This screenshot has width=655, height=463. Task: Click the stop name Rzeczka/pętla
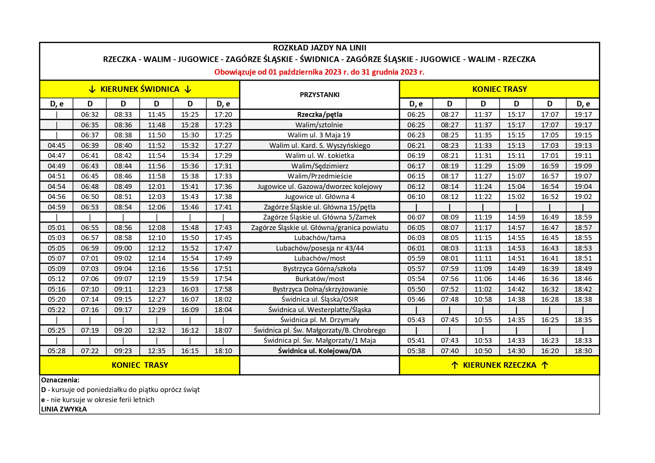pyautogui.click(x=320, y=115)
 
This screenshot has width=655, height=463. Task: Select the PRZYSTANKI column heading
pyautogui.click(x=320, y=95)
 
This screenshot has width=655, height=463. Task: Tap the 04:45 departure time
pyautogui.click(x=56, y=146)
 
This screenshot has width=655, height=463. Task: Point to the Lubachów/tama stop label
pyautogui.click(x=320, y=238)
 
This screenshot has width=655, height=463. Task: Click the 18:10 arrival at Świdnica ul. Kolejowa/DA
pyautogui.click(x=223, y=351)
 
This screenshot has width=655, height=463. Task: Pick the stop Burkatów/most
pyautogui.click(x=320, y=279)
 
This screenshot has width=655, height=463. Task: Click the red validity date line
pyautogui.click(x=319, y=72)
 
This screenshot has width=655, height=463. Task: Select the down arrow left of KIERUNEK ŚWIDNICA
pyautogui.click(x=92, y=90)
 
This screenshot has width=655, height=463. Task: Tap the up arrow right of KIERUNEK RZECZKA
pyautogui.click(x=545, y=366)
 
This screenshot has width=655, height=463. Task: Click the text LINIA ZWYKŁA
pyautogui.click(x=64, y=409)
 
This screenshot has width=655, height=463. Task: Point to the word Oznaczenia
pyautogui.click(x=60, y=380)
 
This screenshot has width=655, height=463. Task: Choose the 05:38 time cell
pyautogui.click(x=416, y=351)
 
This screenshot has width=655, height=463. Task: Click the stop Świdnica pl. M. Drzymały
pyautogui.click(x=320, y=320)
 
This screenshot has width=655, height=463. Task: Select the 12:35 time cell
pyautogui.click(x=156, y=351)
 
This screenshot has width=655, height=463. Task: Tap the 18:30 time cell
pyautogui.click(x=583, y=351)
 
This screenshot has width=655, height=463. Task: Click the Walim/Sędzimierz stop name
pyautogui.click(x=320, y=166)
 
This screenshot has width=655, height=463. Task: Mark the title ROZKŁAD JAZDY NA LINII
pyautogui.click(x=319, y=48)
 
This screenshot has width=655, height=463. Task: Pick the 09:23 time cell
pyautogui.click(x=123, y=351)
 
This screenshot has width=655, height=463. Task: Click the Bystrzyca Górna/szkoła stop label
pyautogui.click(x=320, y=269)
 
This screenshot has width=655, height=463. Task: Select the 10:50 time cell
pyautogui.click(x=483, y=351)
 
